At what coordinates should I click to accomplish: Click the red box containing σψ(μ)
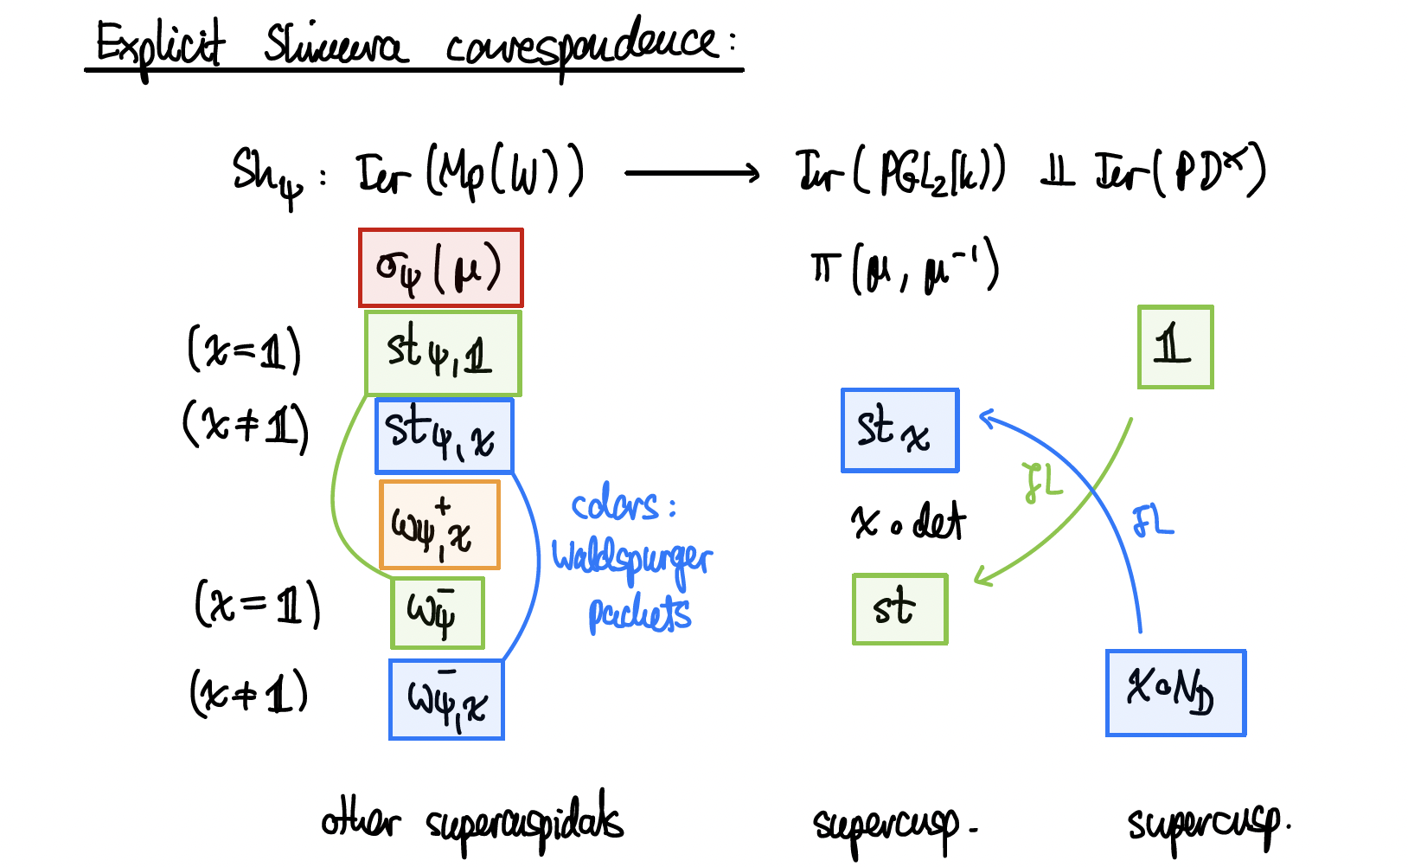click(441, 268)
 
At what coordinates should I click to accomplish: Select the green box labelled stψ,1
click(443, 353)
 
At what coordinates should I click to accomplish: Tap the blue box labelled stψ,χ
click(445, 435)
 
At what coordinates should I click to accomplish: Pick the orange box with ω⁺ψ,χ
click(439, 525)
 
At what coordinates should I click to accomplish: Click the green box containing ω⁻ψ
click(438, 613)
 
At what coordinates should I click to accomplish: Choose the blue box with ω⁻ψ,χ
click(446, 700)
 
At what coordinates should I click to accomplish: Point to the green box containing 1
click(1175, 347)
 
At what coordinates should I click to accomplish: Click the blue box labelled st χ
click(900, 430)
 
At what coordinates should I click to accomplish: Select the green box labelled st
click(899, 609)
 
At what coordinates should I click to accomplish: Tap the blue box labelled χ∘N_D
click(1175, 693)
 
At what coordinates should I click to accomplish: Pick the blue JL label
click(1153, 522)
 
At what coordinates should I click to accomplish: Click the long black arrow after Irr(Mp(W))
click(692, 174)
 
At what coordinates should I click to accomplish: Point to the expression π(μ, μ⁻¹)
click(905, 268)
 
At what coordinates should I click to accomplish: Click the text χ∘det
click(908, 522)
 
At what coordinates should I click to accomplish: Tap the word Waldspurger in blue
click(631, 558)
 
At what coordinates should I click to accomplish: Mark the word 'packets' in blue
click(639, 613)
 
